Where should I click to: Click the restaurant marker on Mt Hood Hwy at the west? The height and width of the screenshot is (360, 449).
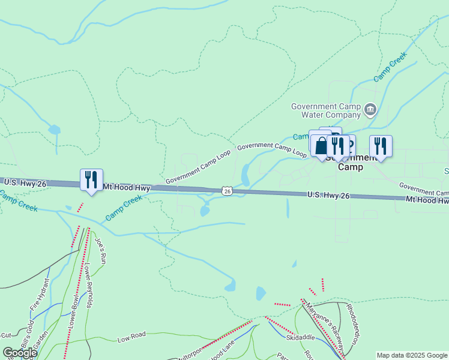91,179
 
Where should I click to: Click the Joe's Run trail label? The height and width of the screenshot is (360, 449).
101,251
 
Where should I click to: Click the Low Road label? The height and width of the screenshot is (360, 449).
132,338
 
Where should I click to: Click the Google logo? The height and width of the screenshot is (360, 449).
20,353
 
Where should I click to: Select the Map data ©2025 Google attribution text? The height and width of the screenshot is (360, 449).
411,355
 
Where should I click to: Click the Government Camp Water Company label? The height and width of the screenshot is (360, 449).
325,110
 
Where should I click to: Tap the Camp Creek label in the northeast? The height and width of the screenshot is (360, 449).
390,66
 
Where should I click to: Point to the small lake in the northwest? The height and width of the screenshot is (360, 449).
55,129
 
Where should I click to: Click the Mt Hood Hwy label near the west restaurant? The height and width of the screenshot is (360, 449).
126,188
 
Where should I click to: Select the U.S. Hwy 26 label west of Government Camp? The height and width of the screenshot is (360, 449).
328,195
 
